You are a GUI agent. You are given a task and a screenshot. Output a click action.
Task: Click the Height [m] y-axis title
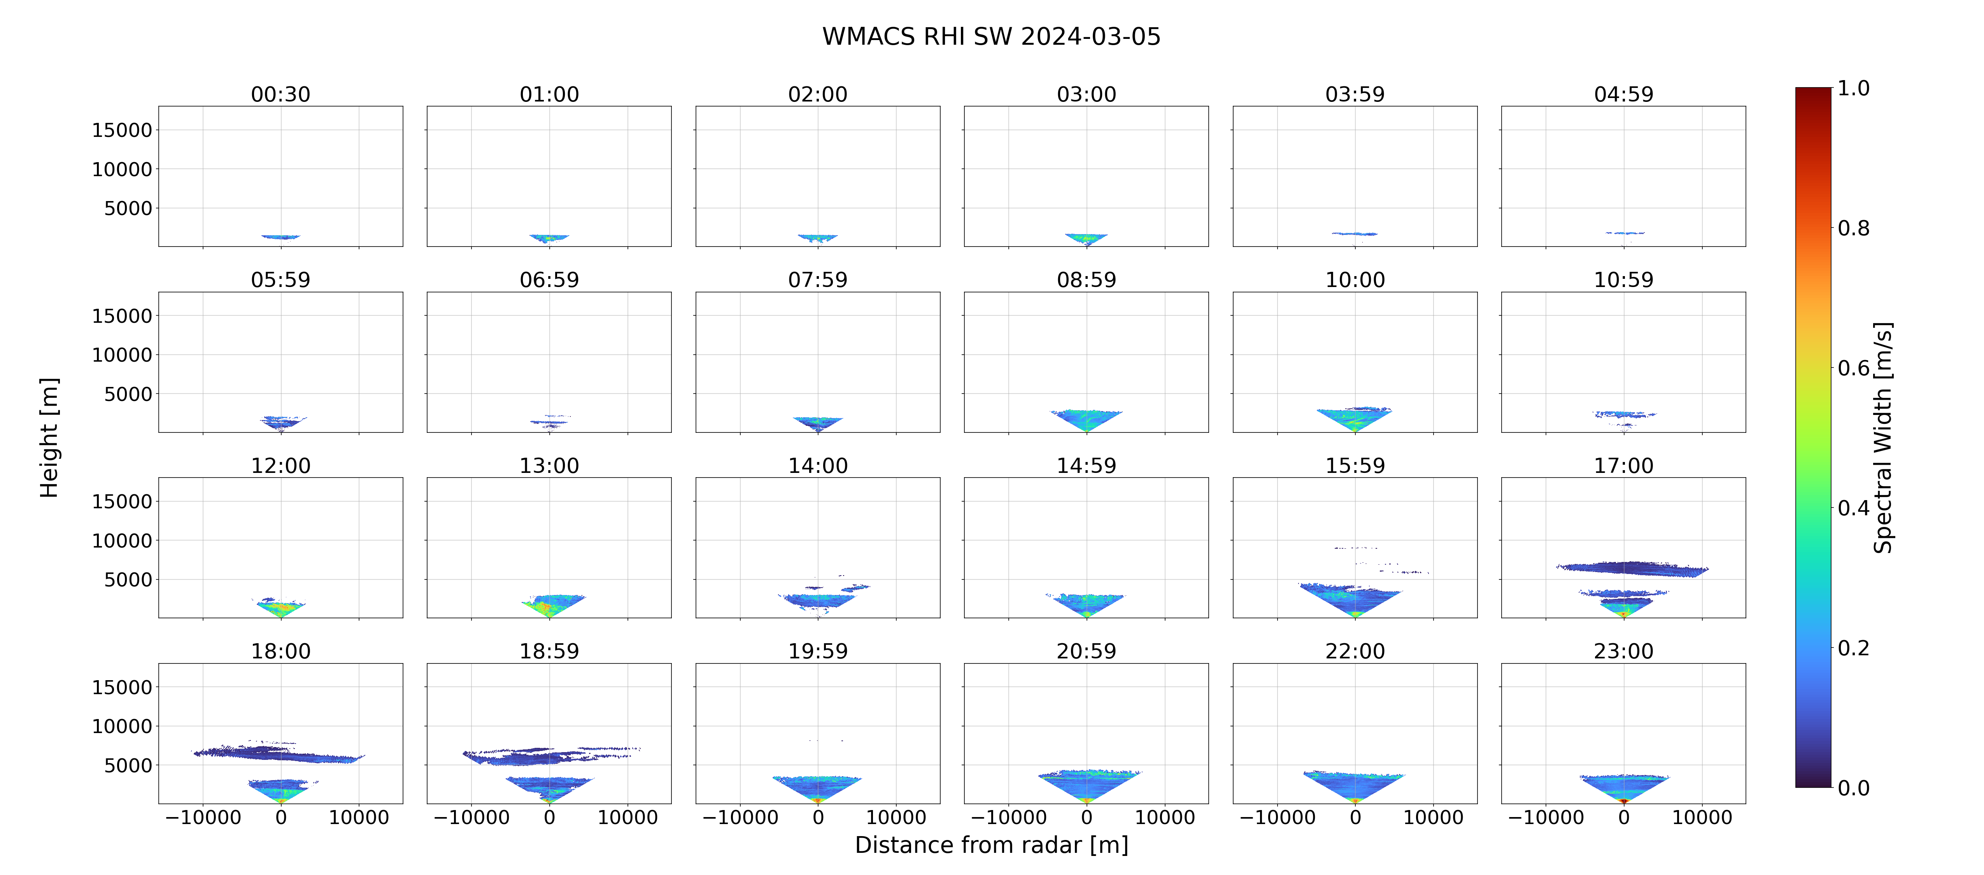point(49,437)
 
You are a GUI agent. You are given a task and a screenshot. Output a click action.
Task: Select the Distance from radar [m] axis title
point(991,845)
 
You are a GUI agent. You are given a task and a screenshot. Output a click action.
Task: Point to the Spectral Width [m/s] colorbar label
point(1882,437)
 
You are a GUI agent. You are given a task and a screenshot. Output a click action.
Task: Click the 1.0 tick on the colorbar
point(1853,89)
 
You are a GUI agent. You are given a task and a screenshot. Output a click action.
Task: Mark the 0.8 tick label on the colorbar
point(1853,228)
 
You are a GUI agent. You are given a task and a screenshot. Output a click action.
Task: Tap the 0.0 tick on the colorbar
point(1853,788)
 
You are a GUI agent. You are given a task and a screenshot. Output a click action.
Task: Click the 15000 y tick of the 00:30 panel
point(122,130)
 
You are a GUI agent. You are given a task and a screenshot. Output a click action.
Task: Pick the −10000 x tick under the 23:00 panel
point(1546,817)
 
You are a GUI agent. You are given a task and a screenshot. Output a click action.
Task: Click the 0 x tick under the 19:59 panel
point(818,817)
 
